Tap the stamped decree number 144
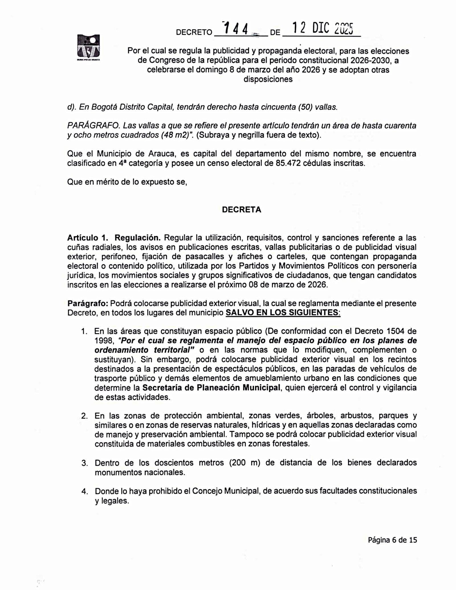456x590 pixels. (236, 29)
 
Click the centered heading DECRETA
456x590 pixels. (241, 210)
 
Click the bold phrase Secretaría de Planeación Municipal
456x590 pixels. (211, 388)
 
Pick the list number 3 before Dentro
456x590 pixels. (84, 463)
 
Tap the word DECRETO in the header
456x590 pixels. (194, 32)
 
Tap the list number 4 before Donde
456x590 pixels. (84, 491)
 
